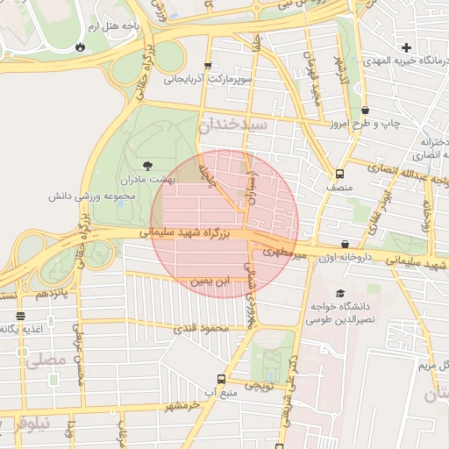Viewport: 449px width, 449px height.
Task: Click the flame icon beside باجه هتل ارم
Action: point(81,46)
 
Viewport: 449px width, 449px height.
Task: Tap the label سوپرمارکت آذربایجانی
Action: point(207,79)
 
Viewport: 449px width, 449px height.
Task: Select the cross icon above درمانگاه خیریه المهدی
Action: point(405,46)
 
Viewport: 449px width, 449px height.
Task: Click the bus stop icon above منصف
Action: point(339,174)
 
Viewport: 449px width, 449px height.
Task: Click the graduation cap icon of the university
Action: point(340,293)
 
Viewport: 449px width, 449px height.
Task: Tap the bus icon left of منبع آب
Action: point(221,379)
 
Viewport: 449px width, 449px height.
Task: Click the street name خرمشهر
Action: point(183,407)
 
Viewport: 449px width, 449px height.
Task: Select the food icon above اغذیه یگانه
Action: point(20,316)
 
